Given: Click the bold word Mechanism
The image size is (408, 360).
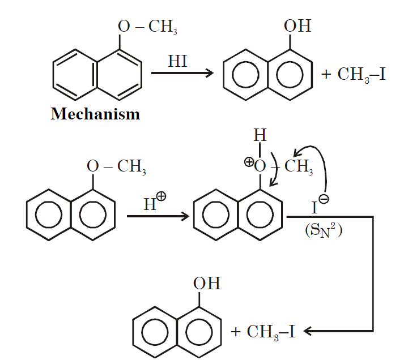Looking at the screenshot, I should click(95, 114).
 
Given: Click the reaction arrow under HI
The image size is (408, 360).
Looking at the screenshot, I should click(181, 73).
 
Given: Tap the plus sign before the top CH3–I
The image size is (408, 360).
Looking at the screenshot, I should click(326, 75).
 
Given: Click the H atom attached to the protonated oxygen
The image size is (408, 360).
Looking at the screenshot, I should click(260, 136).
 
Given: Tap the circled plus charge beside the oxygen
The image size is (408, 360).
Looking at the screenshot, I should click(249, 161).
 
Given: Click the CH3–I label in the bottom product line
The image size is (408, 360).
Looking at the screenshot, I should click(271, 331).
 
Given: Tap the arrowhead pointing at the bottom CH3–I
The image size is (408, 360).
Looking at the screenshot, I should click(309, 331).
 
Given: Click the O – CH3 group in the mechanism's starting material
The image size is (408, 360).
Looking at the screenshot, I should click(117, 167).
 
